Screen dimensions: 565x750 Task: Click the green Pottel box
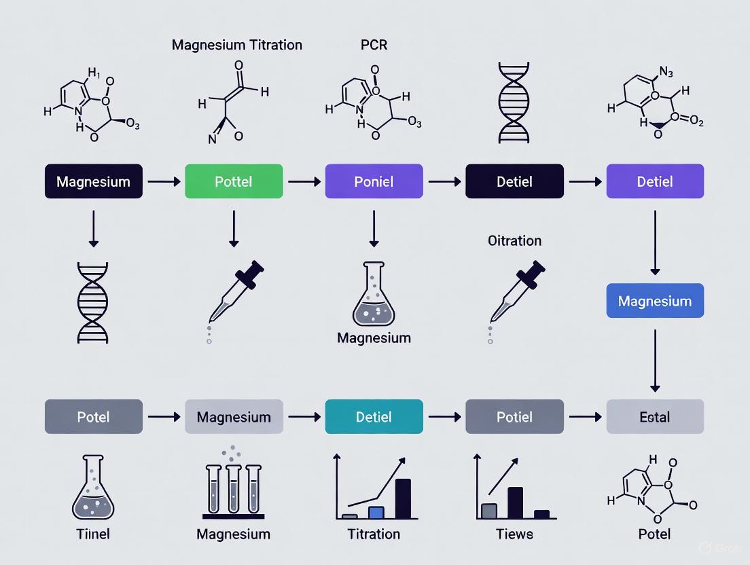(234, 181)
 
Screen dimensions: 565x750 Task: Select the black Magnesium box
(94, 181)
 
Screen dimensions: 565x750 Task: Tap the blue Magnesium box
(655, 301)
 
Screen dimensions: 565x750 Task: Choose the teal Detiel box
(374, 416)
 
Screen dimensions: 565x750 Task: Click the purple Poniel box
(374, 181)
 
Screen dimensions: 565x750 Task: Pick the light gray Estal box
(655, 416)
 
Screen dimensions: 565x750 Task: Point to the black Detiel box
(514, 181)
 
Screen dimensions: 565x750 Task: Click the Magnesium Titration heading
(237, 45)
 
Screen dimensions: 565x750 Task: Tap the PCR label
(374, 45)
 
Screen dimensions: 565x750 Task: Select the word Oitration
(514, 240)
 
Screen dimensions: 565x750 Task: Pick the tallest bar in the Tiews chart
(515, 503)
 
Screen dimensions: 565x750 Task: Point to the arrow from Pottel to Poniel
(304, 181)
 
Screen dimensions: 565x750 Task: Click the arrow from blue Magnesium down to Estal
(655, 360)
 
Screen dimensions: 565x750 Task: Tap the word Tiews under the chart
(514, 534)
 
